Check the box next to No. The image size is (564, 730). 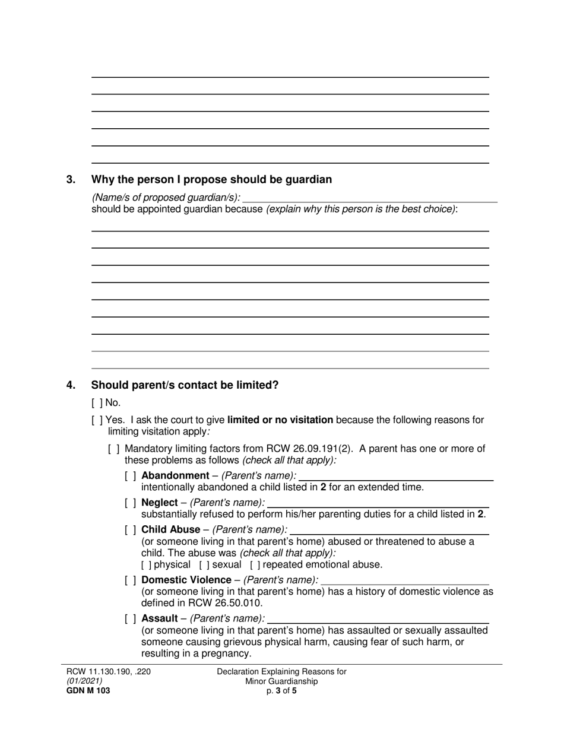click(97, 403)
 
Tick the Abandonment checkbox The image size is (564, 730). click(130, 475)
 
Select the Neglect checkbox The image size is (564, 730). click(130, 503)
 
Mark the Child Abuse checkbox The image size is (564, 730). click(130, 529)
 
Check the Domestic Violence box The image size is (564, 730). click(130, 580)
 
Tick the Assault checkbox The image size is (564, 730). click(130, 618)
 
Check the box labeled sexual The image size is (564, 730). click(204, 565)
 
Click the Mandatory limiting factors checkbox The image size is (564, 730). click(113, 449)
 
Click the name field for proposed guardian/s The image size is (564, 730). click(370, 197)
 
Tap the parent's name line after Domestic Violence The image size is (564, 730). click(404, 580)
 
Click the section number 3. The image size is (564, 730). click(71, 180)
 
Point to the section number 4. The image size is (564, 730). click(71, 385)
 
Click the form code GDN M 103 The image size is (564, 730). click(88, 691)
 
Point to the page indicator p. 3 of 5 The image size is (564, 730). click(281, 691)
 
